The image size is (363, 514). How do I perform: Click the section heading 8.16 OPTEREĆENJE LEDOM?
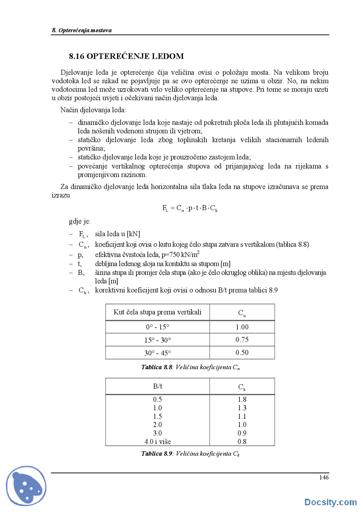point(126,56)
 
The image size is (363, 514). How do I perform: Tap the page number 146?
point(324,477)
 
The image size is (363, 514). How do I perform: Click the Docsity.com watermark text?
point(330,502)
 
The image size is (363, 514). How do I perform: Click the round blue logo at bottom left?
point(26,486)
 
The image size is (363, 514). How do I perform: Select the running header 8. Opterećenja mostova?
point(82,30)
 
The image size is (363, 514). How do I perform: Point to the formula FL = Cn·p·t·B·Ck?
point(190,208)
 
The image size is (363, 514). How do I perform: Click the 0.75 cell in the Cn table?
point(242,340)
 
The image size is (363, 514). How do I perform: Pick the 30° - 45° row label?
point(157,353)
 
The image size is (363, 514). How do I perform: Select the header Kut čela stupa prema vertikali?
point(157,312)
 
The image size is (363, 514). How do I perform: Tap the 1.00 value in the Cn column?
point(242,327)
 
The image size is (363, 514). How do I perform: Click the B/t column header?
point(157,386)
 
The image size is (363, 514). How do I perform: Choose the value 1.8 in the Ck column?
point(242,399)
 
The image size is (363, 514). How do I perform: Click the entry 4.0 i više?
point(157,442)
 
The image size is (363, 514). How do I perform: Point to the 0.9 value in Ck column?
point(242,433)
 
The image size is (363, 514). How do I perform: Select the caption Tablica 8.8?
point(157,367)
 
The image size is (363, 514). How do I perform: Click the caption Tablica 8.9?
point(157,454)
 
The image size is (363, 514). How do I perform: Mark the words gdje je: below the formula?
point(80,221)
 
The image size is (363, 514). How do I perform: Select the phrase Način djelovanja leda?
point(93,110)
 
